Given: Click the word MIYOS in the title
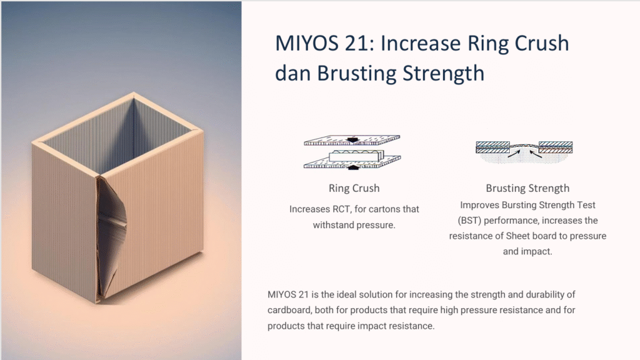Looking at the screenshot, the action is click(306, 43).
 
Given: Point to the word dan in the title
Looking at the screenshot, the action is click(292, 73).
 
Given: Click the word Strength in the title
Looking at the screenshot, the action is click(443, 74).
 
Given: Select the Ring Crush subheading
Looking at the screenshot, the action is click(354, 188).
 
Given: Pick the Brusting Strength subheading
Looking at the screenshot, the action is click(527, 188).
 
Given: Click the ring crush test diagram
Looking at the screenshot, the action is click(352, 152).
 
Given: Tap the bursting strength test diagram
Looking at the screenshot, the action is click(524, 152).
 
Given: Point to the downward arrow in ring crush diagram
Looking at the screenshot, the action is click(352, 140).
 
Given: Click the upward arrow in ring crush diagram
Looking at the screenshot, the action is click(354, 166).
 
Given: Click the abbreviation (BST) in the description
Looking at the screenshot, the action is click(469, 221).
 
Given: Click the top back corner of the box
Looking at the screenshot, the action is click(134, 94).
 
